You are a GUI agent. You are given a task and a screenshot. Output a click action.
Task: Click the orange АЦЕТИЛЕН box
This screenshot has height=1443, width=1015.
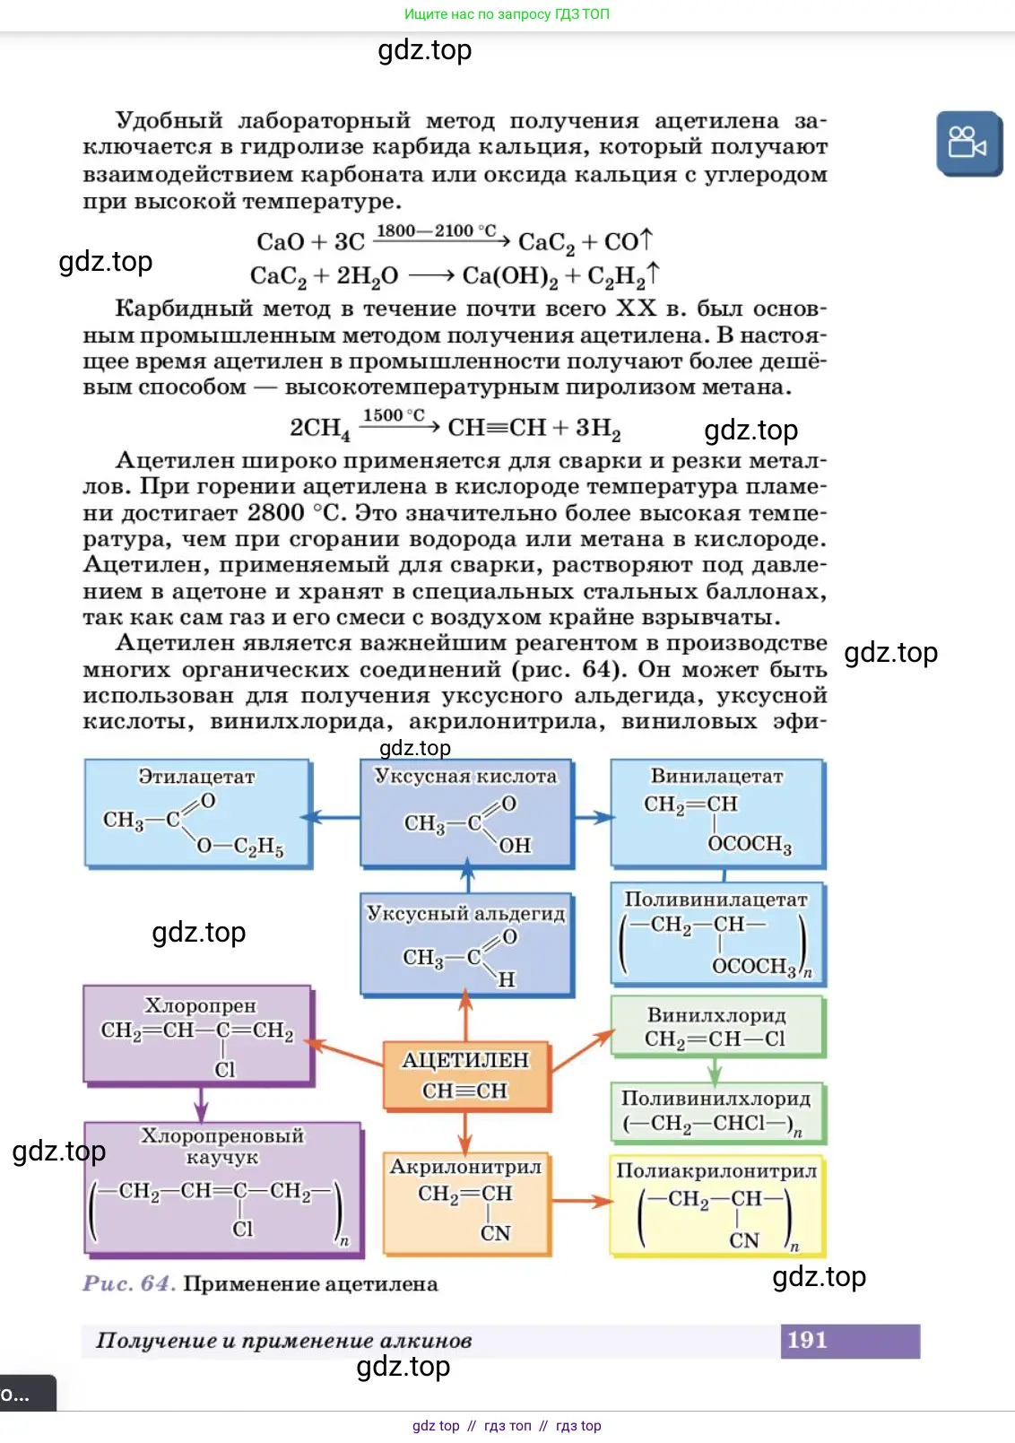[x=465, y=1074]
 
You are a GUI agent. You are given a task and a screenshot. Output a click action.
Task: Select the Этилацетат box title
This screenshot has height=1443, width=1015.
[x=196, y=777]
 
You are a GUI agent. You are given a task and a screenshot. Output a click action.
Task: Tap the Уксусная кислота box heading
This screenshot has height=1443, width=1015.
[x=465, y=777]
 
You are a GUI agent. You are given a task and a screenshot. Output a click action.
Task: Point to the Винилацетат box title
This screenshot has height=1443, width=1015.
[x=716, y=777]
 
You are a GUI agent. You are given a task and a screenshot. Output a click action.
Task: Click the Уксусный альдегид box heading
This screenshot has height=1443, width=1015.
[x=465, y=914]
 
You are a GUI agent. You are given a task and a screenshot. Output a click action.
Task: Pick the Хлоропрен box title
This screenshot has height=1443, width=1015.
[x=200, y=1006]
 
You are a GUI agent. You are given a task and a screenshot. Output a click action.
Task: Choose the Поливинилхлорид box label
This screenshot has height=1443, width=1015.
[x=716, y=1099]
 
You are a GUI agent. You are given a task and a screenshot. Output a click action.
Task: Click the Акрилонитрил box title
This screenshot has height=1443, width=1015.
[x=465, y=1167]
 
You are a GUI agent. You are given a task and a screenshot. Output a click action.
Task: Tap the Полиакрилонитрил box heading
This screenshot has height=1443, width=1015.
[x=716, y=1170]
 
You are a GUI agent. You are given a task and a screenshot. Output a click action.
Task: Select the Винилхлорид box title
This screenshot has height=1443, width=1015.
[x=716, y=1015]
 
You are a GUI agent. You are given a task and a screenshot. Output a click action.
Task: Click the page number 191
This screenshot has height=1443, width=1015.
[x=807, y=1340]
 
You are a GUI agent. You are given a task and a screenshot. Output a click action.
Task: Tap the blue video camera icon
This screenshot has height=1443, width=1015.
[x=967, y=143]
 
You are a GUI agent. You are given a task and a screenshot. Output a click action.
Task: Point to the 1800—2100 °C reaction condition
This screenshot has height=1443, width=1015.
[x=436, y=230]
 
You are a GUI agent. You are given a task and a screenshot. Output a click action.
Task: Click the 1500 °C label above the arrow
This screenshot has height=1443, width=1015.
[x=393, y=415]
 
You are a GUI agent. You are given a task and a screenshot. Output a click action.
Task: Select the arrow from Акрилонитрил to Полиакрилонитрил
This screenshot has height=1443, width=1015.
[x=581, y=1201]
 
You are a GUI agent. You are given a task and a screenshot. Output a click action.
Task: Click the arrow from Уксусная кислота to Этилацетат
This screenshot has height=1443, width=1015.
[x=334, y=817]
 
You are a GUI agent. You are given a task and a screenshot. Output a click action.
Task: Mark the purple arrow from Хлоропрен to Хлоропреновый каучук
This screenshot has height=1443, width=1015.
[x=201, y=1104]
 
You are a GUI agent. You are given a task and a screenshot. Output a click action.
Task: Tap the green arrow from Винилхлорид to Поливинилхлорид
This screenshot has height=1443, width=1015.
[x=715, y=1070]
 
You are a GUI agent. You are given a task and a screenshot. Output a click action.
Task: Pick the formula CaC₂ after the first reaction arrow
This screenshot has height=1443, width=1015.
[x=546, y=243]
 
